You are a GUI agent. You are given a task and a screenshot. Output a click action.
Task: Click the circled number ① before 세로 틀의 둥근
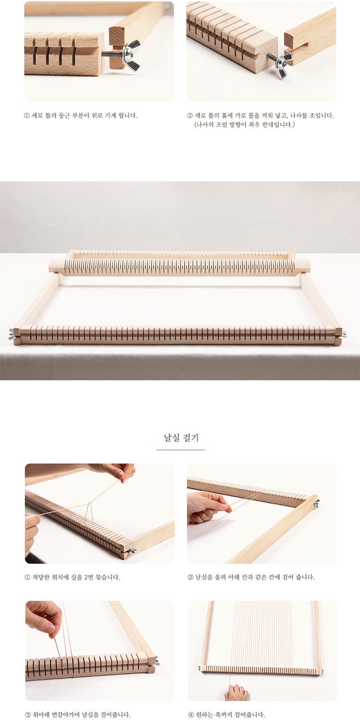(x=27, y=116)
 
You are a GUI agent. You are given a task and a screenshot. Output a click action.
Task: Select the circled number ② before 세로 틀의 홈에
(x=189, y=116)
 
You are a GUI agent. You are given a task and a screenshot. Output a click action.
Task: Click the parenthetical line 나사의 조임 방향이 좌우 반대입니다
(x=244, y=125)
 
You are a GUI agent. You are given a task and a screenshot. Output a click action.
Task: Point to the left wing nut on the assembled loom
(x=12, y=334)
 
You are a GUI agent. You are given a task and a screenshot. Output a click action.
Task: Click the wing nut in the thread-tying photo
(x=132, y=551)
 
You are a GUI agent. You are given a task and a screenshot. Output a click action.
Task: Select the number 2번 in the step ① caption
(x=88, y=577)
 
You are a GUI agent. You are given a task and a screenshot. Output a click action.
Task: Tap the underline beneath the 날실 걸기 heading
(x=180, y=450)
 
